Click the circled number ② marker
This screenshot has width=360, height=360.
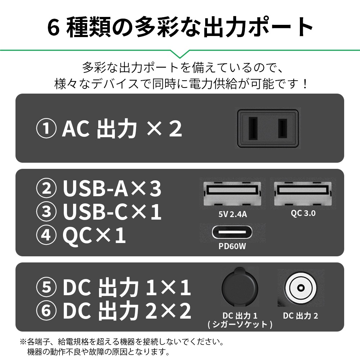tap(46, 190)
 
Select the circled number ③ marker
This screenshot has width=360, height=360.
tap(46, 212)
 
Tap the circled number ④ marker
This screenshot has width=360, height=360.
tap(46, 236)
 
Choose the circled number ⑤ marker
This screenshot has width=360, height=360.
tap(46, 288)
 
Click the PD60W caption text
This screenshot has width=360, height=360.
tap(233, 247)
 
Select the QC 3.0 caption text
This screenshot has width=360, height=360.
tap(303, 213)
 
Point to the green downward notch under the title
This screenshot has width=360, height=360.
tap(180, 54)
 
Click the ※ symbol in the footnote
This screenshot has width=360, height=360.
tap(23, 341)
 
